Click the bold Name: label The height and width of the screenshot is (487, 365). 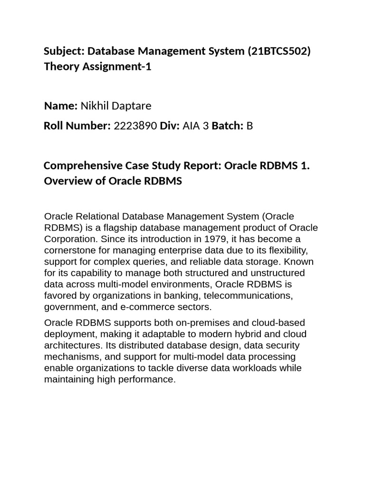pyautogui.click(x=60, y=106)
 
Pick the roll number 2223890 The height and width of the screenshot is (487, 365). pyautogui.click(x=135, y=126)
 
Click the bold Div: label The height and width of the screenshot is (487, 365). pyautogui.click(x=170, y=126)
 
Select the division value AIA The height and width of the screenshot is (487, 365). pyautogui.click(x=192, y=126)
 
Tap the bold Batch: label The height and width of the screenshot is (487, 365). pyautogui.click(x=228, y=126)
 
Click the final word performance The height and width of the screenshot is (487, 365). pyautogui.click(x=148, y=380)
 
